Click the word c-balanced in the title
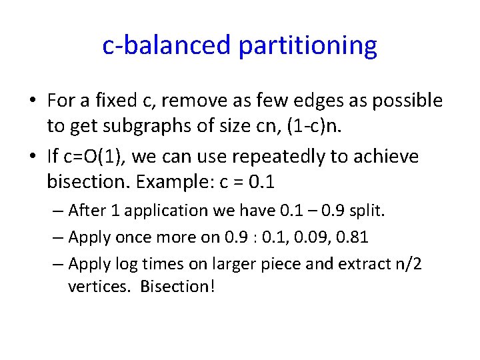pos(167,45)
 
